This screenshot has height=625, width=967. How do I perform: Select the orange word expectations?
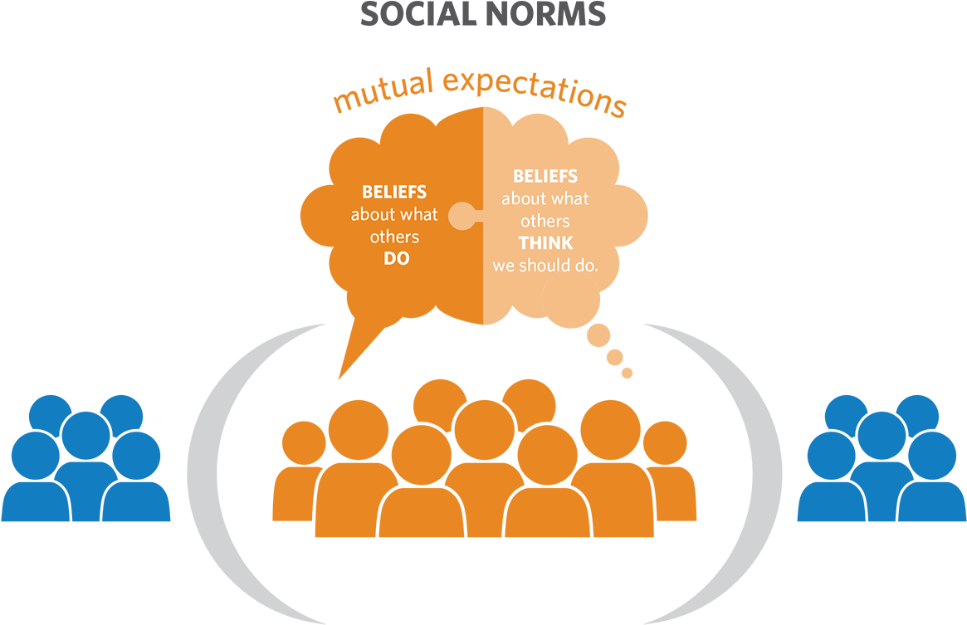[535, 89]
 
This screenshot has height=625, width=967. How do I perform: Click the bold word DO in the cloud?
[396, 258]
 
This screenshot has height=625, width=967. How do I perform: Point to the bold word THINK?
[545, 244]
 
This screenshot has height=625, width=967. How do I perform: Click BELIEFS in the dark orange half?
[393, 193]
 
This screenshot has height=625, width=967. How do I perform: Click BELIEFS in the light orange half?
[545, 177]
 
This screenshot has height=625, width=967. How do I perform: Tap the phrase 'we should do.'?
[545, 266]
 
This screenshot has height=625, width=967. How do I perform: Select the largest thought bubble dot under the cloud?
[598, 335]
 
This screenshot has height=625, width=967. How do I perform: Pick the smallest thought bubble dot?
[628, 373]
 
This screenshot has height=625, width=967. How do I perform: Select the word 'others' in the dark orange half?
[394, 237]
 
